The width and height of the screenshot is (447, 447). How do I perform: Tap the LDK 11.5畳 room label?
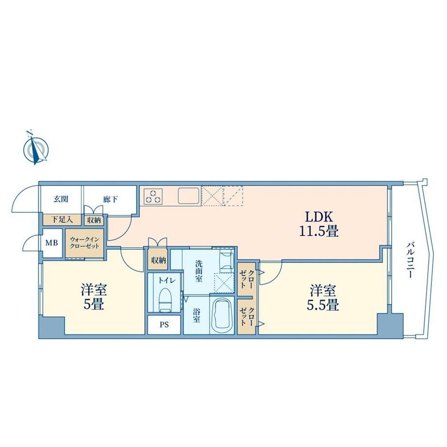(x=319, y=224)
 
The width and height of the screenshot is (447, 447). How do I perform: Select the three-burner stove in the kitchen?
(x=153, y=196)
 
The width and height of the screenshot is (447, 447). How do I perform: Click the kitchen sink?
(x=189, y=195)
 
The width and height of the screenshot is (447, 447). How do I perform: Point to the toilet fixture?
(x=164, y=299)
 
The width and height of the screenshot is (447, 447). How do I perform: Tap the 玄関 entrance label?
(x=61, y=199)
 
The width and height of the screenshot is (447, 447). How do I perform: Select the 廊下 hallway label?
(x=110, y=199)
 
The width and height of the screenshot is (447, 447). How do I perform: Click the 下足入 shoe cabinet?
(x=62, y=220)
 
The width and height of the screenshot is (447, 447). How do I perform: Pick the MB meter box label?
(x=52, y=243)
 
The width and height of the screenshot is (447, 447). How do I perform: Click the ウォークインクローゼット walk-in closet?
(x=85, y=243)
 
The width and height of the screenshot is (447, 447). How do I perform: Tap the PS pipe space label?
(x=164, y=325)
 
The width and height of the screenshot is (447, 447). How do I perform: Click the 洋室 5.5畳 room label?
(x=323, y=297)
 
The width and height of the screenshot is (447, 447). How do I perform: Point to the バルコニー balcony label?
(x=410, y=260)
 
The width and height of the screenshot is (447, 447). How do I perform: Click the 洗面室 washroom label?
(x=199, y=271)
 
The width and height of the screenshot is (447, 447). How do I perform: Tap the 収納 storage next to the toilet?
(x=158, y=260)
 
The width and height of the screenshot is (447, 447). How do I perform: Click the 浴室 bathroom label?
(x=196, y=316)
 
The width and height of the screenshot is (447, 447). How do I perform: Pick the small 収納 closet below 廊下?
(x=94, y=220)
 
